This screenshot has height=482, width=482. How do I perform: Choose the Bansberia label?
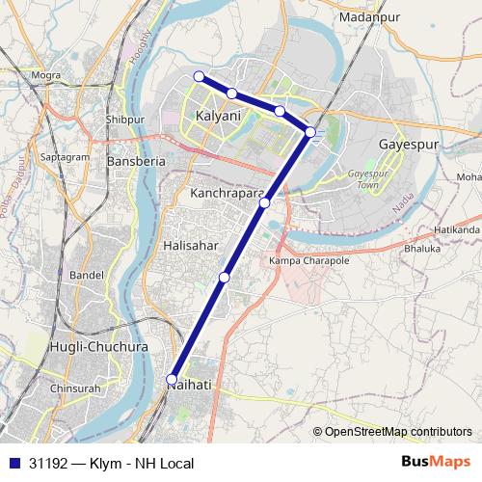(x=136, y=162)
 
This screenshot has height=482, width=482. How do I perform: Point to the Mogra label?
(x=45, y=73)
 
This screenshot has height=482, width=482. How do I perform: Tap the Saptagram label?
(x=61, y=155)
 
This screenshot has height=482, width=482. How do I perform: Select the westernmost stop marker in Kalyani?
(x=199, y=76)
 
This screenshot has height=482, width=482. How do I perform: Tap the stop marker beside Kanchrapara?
(x=264, y=202)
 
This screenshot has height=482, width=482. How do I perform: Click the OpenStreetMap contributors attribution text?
(x=397, y=431)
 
